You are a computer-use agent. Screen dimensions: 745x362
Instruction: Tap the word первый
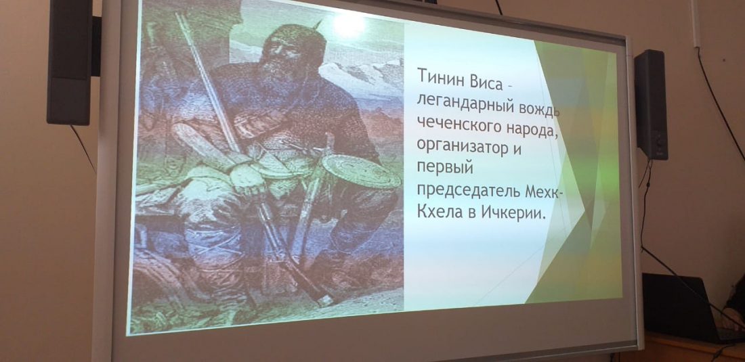pos(440,167)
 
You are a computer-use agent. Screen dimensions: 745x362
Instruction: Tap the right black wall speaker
pos(651,104)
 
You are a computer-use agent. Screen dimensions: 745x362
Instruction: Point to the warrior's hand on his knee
pos(247,179)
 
